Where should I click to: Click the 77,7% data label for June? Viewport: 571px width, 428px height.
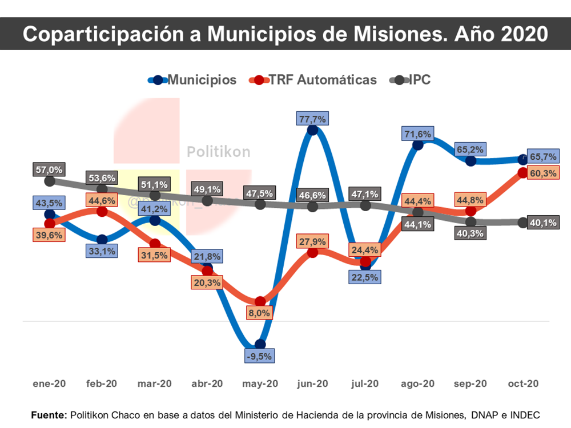point(312,119)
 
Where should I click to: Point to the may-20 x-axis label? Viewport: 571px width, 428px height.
point(260,384)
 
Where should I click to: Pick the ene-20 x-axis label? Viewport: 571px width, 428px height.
point(49,384)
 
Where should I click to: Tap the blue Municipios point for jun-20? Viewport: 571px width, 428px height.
point(312,130)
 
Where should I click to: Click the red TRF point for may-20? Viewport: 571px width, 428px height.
point(260,301)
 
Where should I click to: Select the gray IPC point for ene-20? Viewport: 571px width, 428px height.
point(50,181)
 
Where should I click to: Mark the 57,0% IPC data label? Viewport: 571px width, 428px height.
point(49,169)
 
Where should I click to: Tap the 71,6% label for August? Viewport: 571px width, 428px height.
point(417,134)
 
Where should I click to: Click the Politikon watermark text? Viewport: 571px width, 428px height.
point(219,152)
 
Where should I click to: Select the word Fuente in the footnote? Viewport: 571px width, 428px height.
point(49,415)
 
